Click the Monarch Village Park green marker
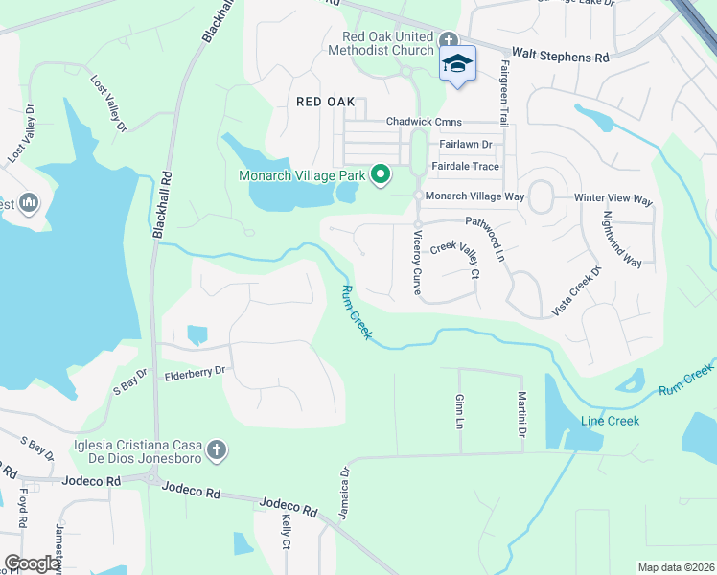point(381,173)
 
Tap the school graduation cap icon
point(457,63)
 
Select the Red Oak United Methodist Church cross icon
point(448,39)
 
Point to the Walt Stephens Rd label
point(561,57)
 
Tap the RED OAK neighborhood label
point(326,101)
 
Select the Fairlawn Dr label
point(465,144)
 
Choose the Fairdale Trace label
point(465,166)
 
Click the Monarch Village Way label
point(475,195)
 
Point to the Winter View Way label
point(613,199)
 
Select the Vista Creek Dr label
point(575,290)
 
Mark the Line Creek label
point(609,421)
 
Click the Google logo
point(32,563)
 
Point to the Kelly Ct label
point(286,532)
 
